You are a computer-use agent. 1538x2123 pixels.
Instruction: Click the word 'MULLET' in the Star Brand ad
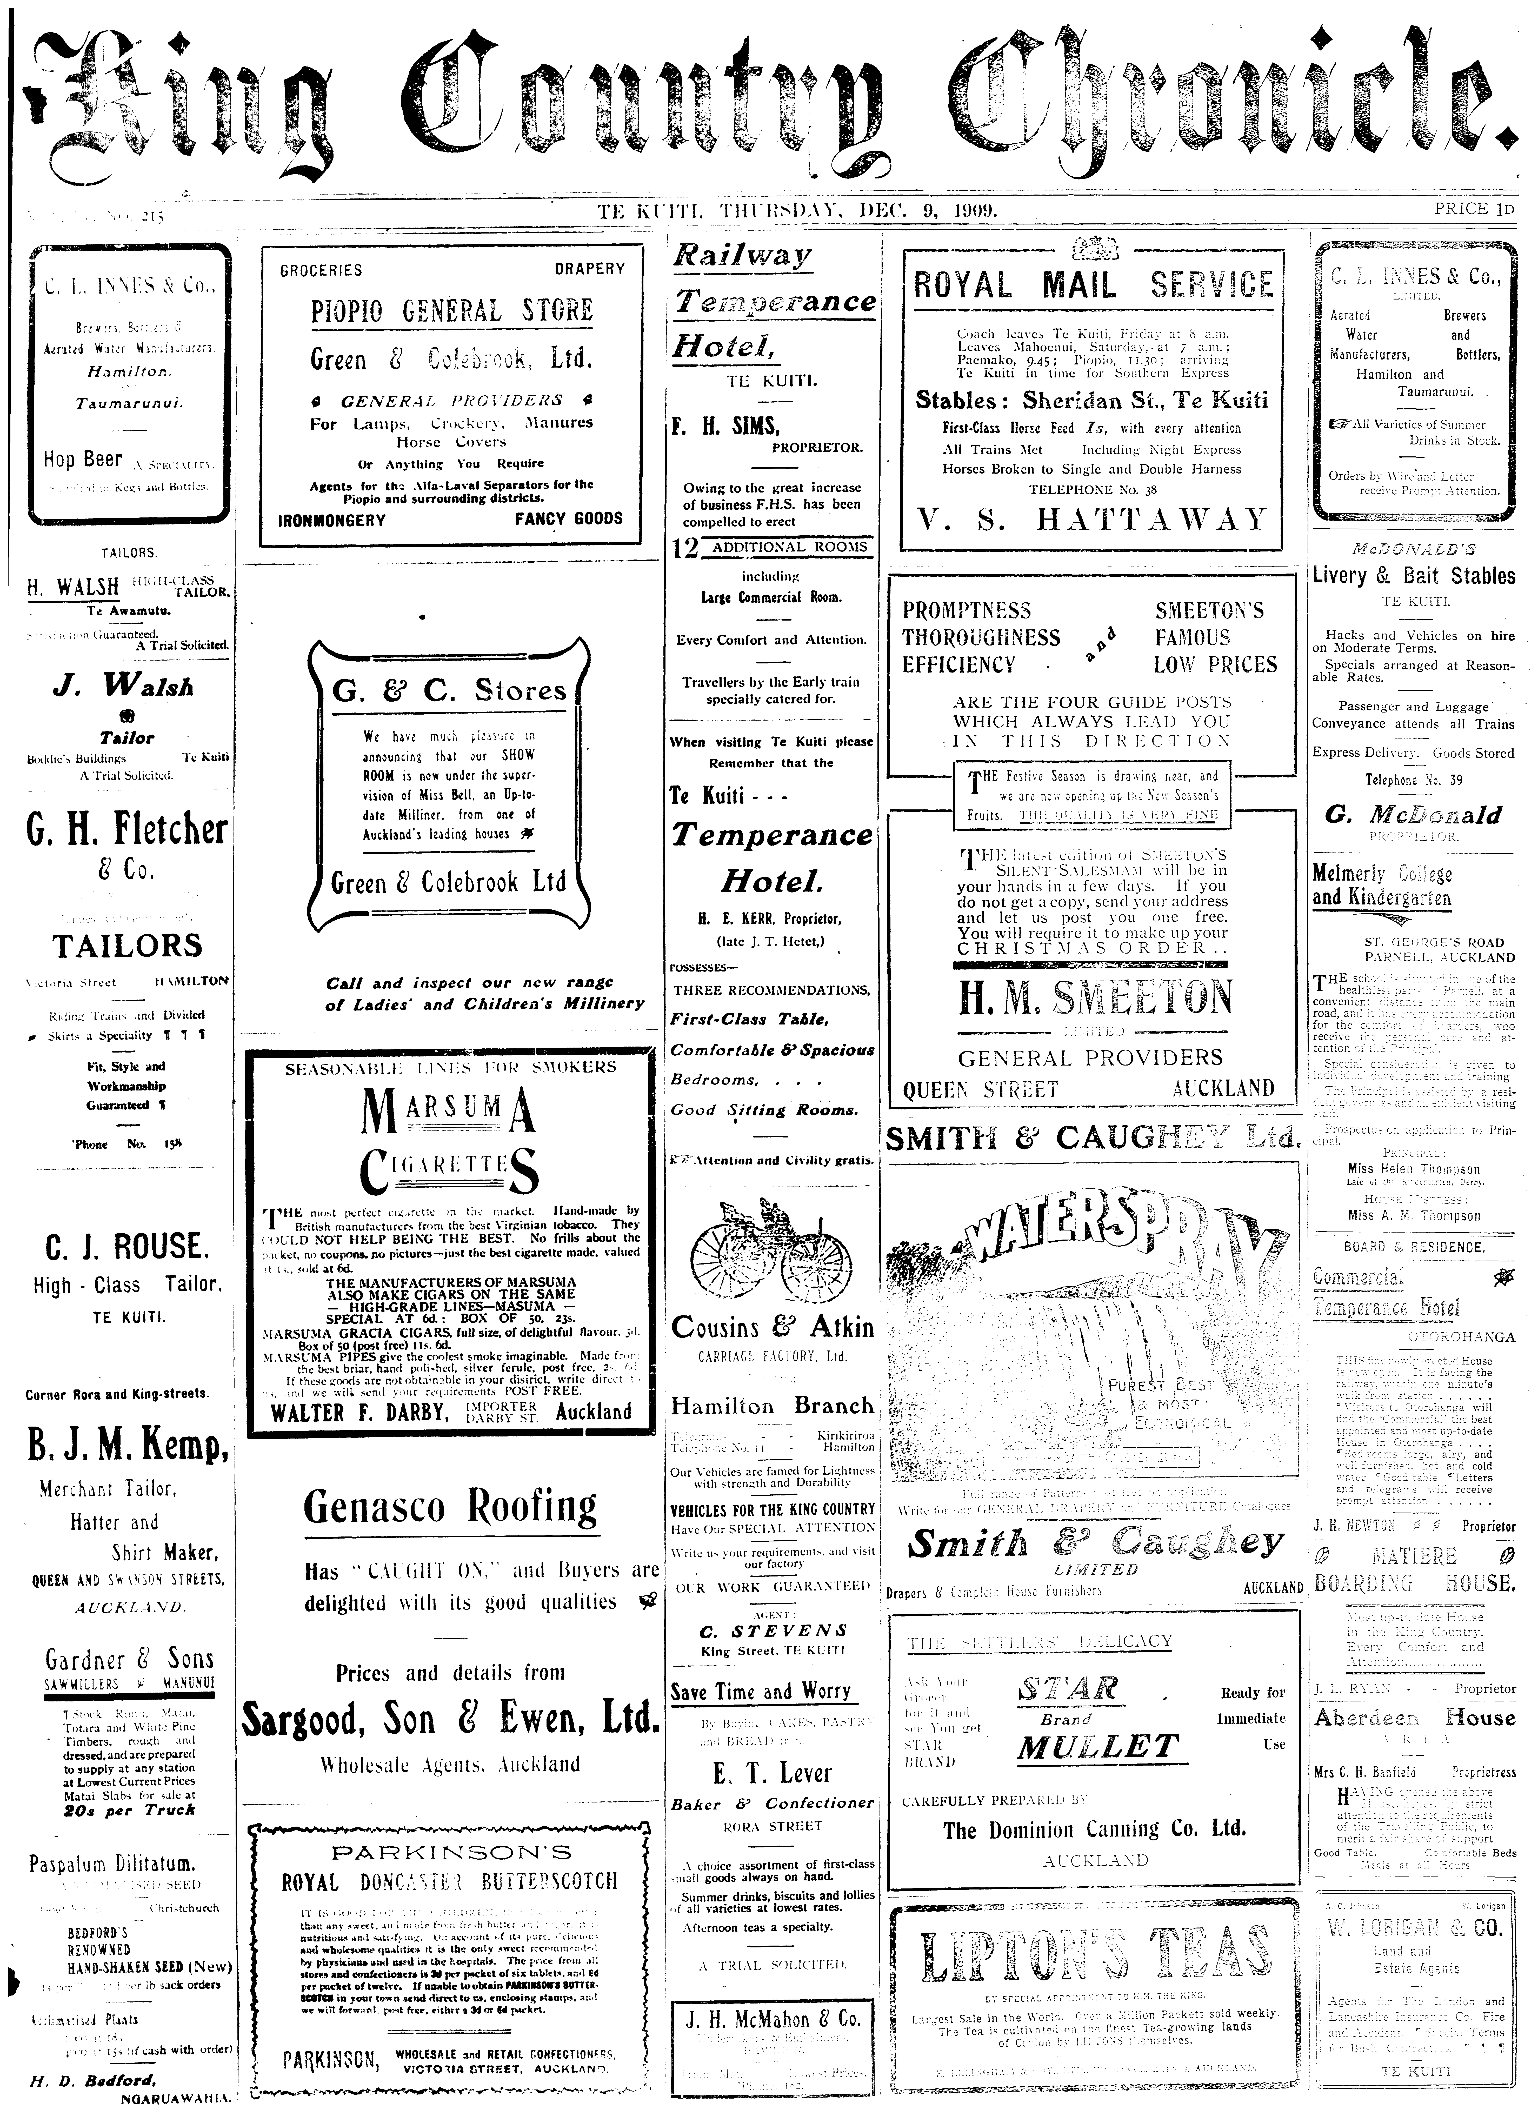coord(1097,1747)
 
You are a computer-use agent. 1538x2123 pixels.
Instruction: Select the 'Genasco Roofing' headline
coord(450,1507)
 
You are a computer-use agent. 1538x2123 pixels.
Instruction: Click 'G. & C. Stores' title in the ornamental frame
coord(449,691)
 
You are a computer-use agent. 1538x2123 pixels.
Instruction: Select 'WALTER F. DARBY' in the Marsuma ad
coord(358,1413)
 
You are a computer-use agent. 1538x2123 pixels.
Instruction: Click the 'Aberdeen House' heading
coord(1414,1719)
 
